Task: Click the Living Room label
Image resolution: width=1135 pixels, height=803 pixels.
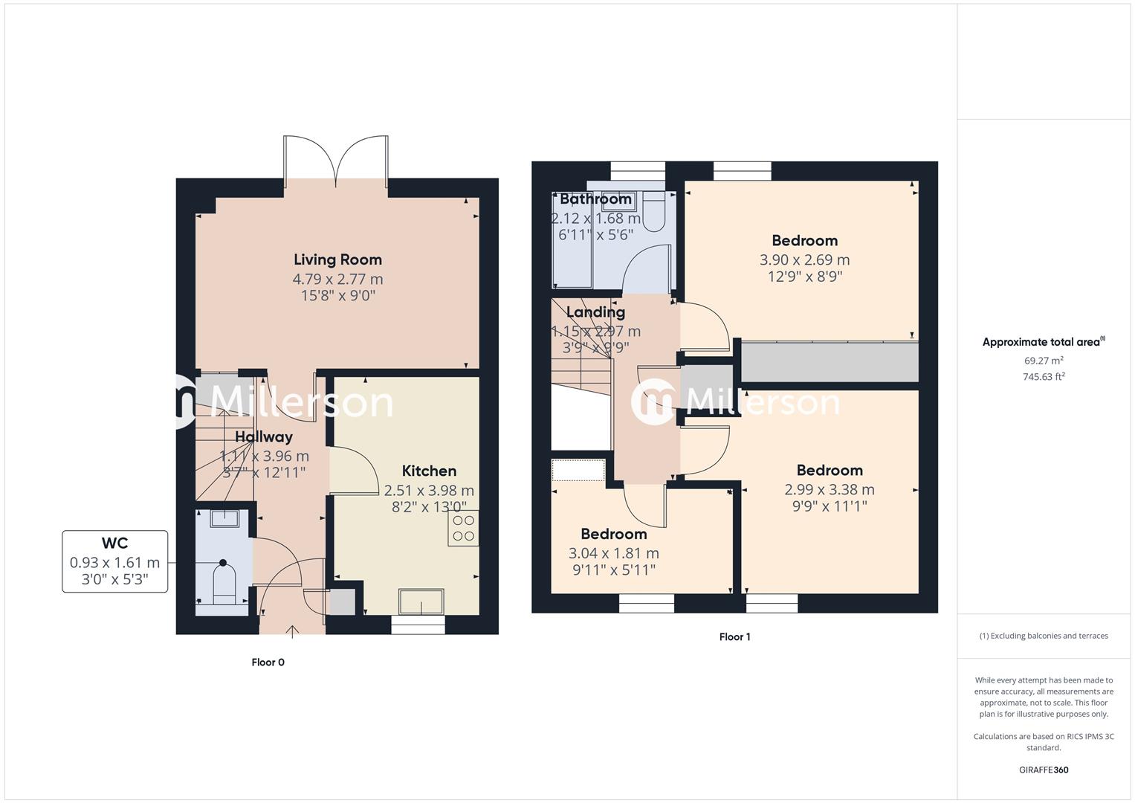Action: click(x=337, y=259)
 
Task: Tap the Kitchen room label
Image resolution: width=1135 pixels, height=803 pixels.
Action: click(x=429, y=471)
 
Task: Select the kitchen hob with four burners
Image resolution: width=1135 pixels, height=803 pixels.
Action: click(x=463, y=529)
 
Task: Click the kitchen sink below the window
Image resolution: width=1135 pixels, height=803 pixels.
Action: click(x=421, y=602)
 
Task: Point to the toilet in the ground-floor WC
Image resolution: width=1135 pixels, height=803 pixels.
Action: click(x=224, y=583)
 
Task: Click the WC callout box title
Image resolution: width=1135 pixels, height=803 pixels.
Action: click(x=114, y=544)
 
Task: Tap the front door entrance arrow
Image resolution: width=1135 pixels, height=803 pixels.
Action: click(x=293, y=631)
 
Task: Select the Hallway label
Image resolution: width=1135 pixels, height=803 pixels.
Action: click(x=264, y=436)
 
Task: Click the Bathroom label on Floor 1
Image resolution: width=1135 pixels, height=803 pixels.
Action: click(x=595, y=199)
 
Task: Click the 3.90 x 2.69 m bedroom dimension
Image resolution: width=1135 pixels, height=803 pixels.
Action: click(x=804, y=259)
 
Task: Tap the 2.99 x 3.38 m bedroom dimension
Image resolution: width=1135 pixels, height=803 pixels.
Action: click(x=829, y=489)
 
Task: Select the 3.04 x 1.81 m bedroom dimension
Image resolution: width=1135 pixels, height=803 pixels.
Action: click(x=613, y=553)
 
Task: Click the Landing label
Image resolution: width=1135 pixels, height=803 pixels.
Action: click(x=595, y=312)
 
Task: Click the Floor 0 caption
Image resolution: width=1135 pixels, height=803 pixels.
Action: click(x=268, y=662)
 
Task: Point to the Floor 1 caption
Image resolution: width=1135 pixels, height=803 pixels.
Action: click(x=734, y=637)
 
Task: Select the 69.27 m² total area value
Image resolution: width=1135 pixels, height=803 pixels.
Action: click(x=1044, y=361)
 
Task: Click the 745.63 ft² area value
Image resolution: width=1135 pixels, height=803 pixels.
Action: click(x=1044, y=376)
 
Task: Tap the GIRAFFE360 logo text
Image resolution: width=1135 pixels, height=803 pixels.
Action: click(x=1044, y=770)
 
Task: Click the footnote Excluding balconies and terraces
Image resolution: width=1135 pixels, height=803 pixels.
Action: click(x=1044, y=636)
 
